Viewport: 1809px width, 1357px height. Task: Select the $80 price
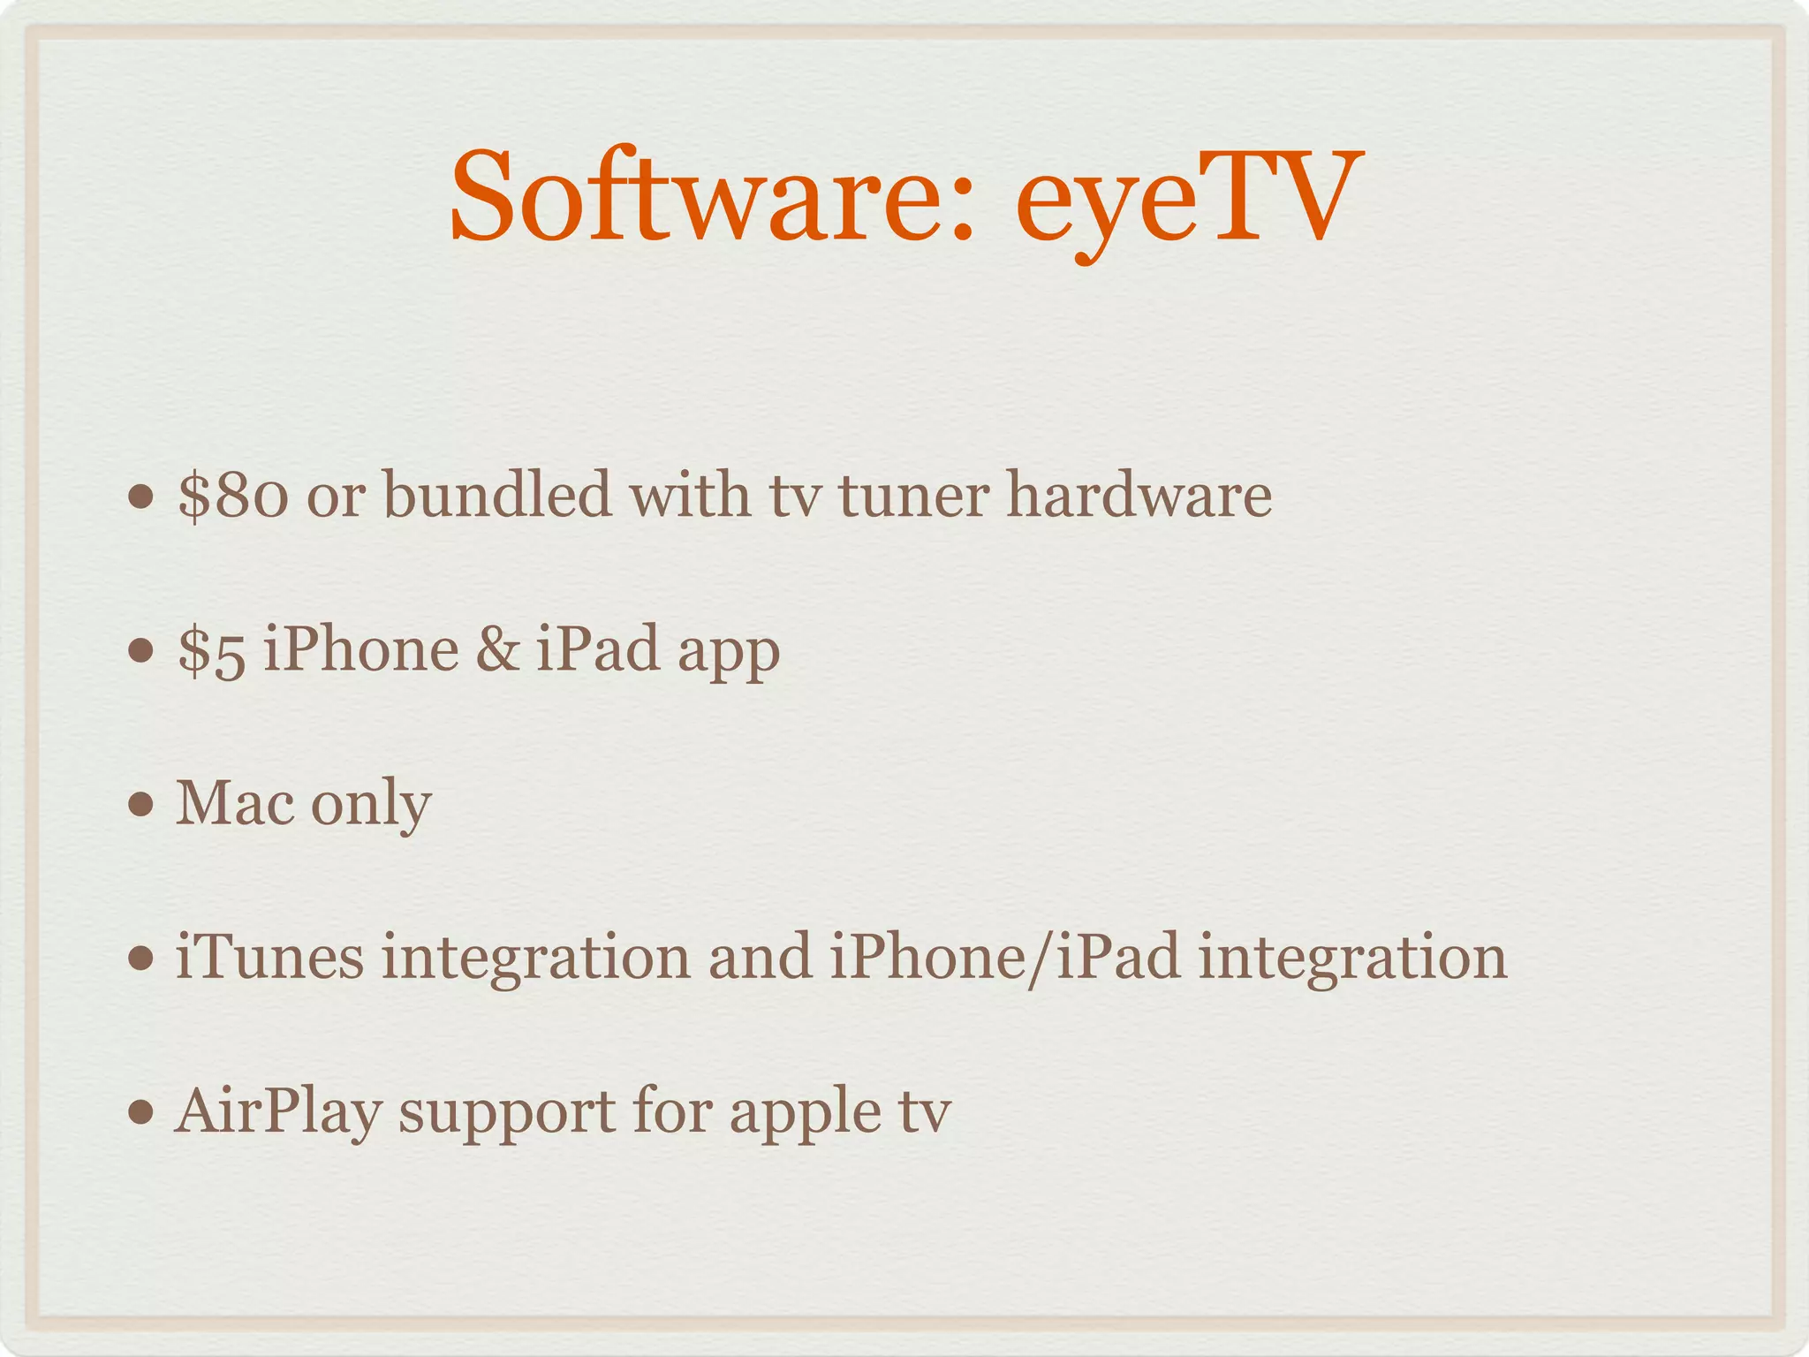[232, 496]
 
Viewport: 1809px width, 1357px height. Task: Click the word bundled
[497, 494]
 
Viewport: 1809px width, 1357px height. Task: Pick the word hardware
[1139, 494]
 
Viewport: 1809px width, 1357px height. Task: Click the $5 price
[211, 650]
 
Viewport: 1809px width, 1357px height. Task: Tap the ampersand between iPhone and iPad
[497, 649]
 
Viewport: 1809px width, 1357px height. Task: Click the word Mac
[235, 803]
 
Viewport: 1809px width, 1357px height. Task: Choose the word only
[371, 806]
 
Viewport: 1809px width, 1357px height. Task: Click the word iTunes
[269, 957]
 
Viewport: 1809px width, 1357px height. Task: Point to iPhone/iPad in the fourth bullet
[1005, 957]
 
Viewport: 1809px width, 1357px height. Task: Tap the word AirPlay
[278, 1112]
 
